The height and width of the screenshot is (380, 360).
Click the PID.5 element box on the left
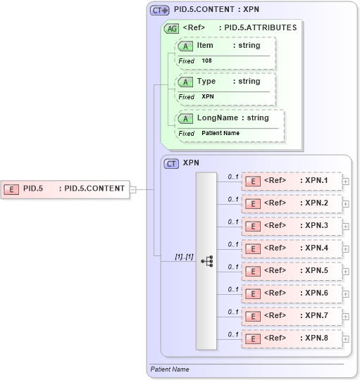65,189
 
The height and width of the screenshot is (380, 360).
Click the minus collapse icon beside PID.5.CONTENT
133,189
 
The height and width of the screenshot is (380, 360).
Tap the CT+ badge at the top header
160,11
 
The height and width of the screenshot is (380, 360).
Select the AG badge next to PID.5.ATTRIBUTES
170,28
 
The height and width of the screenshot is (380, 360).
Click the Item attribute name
205,45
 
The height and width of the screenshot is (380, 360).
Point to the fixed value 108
206,61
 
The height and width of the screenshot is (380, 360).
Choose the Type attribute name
206,81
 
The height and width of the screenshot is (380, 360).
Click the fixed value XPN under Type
208,96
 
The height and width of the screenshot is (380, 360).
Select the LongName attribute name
217,118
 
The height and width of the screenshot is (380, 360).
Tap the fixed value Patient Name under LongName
221,133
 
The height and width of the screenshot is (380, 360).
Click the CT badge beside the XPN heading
171,163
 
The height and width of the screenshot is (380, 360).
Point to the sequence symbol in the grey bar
206,260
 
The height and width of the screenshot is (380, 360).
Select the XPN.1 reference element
292,181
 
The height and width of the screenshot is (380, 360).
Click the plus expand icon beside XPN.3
345,226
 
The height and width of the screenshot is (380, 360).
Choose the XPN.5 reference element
292,271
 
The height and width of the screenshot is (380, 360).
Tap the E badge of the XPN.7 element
252,316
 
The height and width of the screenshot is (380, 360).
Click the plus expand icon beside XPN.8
345,338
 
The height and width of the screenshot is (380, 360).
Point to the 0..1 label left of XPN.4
232,243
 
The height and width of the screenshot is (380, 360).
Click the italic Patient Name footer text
170,369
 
